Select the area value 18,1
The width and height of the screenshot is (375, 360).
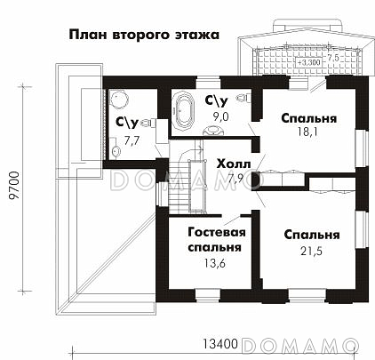coord(309,133)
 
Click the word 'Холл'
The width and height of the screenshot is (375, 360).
coord(232,164)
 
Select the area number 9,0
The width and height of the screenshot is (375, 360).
coord(220,116)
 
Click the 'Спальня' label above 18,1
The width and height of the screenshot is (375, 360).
coord(308,117)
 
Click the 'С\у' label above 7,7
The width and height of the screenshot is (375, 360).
coord(126,124)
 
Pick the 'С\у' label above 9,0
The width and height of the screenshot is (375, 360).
coord(218,100)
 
